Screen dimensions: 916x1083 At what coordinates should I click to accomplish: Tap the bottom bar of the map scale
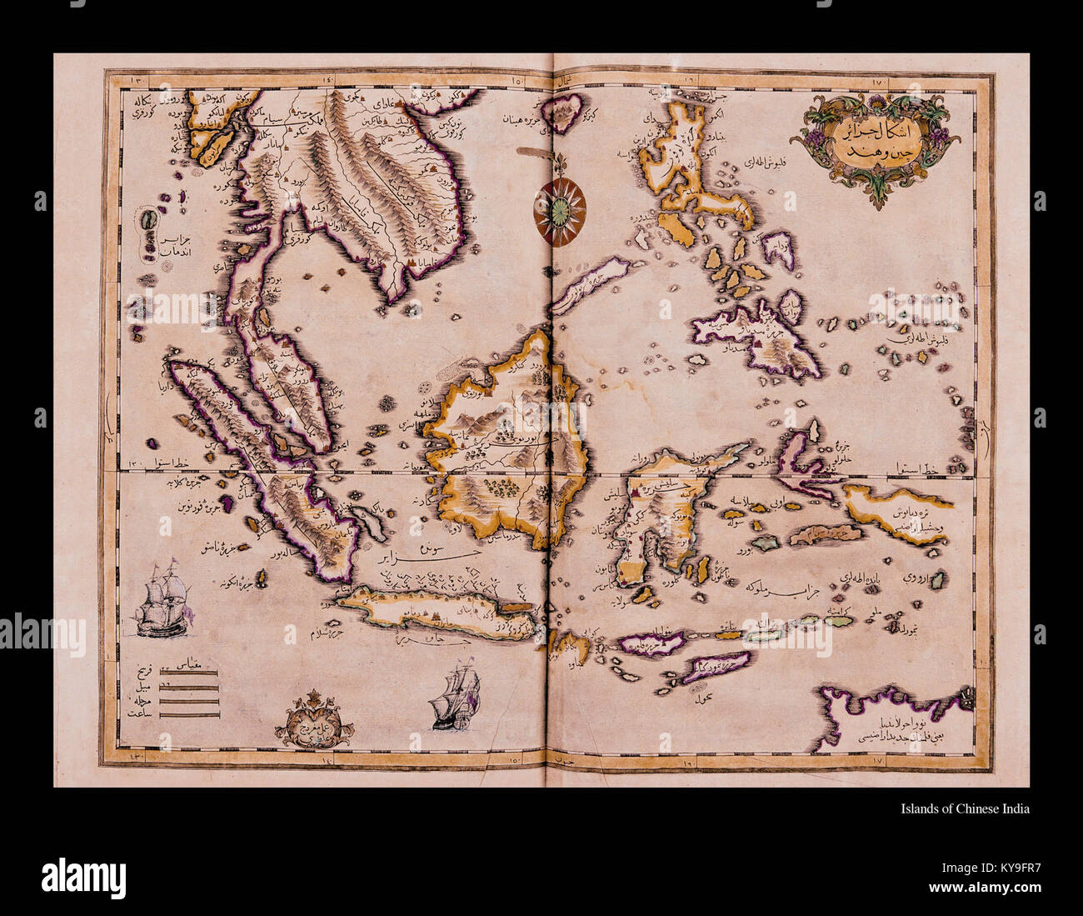click(x=189, y=714)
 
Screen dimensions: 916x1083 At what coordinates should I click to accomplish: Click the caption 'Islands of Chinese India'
click(x=965, y=808)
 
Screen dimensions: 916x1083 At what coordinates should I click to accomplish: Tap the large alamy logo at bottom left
click(x=83, y=876)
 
